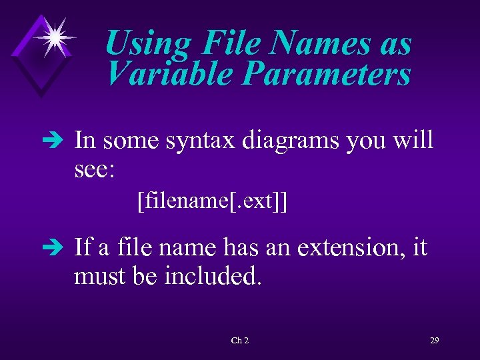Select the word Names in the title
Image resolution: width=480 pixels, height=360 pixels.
(317, 44)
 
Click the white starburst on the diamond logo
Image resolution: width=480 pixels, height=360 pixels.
(53, 36)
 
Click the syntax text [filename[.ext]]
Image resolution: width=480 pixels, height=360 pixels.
(212, 200)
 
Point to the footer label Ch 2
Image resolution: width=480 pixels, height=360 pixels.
(239, 341)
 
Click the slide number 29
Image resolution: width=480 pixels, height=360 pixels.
(434, 341)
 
